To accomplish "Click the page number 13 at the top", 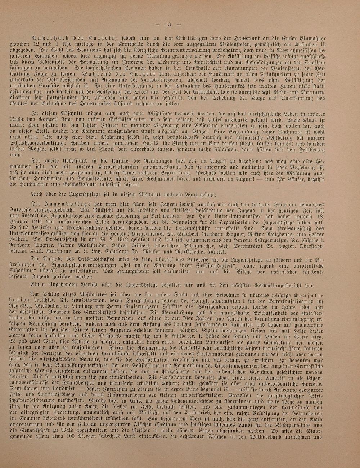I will tap(168, 25).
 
